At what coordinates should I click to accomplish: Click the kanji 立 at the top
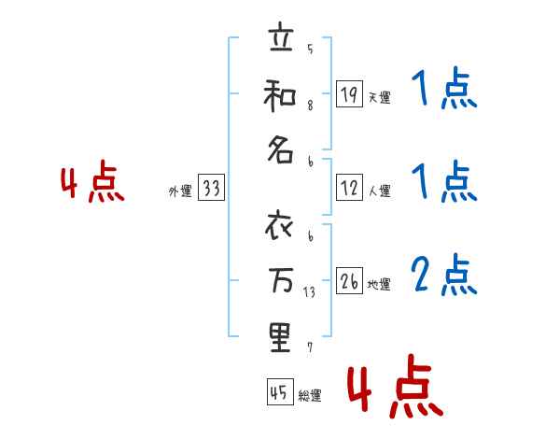pyautogui.click(x=279, y=42)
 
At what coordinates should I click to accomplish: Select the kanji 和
pyautogui.click(x=279, y=96)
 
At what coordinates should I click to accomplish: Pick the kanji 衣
pyautogui.click(x=279, y=227)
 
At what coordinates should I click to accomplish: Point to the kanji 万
pyautogui.click(x=279, y=281)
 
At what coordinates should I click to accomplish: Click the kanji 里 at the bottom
pyautogui.click(x=279, y=336)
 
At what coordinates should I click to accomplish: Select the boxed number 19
pyautogui.click(x=349, y=93)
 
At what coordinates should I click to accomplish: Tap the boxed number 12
pyautogui.click(x=349, y=189)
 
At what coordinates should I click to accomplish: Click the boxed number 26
pyautogui.click(x=349, y=281)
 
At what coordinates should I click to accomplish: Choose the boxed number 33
pyautogui.click(x=211, y=189)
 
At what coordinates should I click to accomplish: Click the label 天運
pyautogui.click(x=379, y=97)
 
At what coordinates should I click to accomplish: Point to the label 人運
pyautogui.click(x=379, y=191)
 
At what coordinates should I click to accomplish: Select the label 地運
pyautogui.click(x=379, y=285)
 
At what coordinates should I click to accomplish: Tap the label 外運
pyautogui.click(x=180, y=191)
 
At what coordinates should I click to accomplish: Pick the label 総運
pyautogui.click(x=310, y=396)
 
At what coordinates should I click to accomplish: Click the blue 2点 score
pyautogui.click(x=444, y=276)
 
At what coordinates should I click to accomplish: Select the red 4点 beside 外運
pyautogui.click(x=92, y=183)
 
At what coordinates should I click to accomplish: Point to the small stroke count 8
pyautogui.click(x=310, y=105)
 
